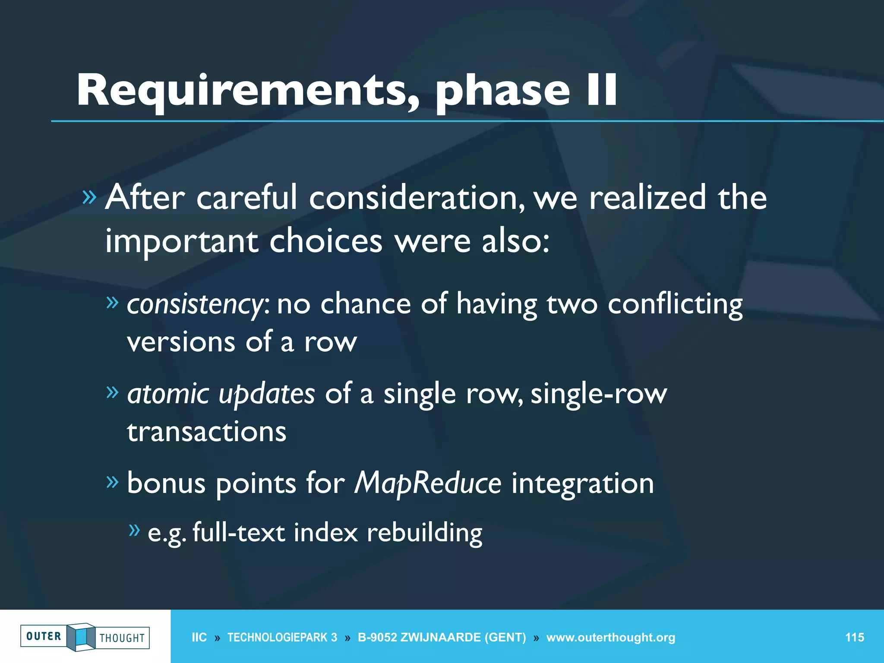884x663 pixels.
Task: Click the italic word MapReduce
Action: coord(427,483)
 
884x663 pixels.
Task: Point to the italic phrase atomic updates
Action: coord(221,394)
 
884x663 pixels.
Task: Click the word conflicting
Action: coord(675,304)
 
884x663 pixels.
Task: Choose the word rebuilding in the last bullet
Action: coord(424,532)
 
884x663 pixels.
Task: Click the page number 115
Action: coord(854,638)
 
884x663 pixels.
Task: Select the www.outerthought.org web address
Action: coord(610,638)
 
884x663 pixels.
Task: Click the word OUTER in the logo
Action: coord(44,636)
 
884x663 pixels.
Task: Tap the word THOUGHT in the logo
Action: coord(122,638)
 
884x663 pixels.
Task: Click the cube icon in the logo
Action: coord(81,637)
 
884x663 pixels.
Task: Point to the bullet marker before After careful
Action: coord(89,197)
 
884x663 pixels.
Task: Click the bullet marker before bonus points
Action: coord(112,481)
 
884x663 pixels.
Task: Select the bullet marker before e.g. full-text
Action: coord(135,530)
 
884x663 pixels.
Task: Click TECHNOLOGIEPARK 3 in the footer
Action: coord(282,638)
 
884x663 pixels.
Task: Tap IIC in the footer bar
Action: coord(199,638)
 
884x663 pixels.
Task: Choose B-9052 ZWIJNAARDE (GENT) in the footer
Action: coord(442,638)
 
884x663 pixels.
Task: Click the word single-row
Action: coord(598,394)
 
